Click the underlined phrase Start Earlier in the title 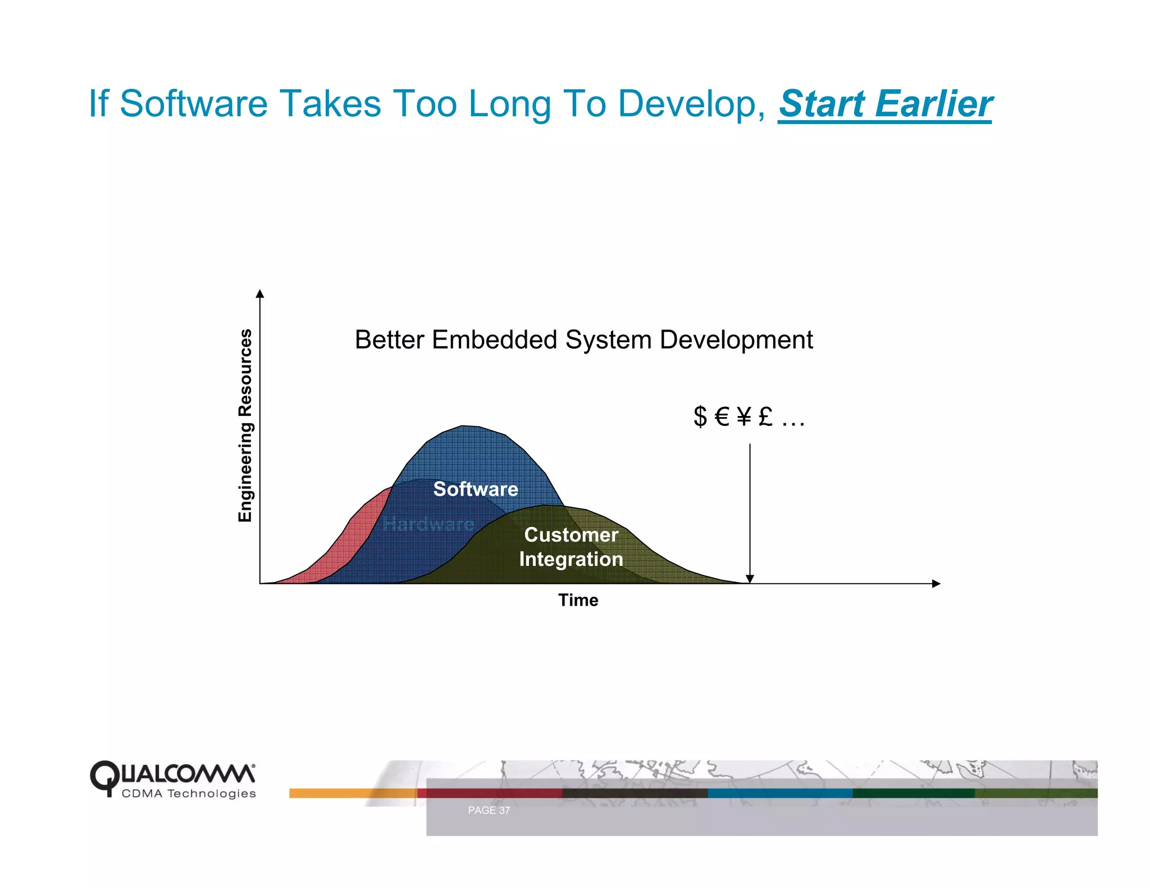[885, 104]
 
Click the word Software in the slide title [194, 104]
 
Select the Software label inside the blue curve [475, 489]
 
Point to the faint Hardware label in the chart [428, 524]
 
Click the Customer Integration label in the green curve [571, 547]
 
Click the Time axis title [578, 600]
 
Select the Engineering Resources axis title [245, 425]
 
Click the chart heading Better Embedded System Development [583, 340]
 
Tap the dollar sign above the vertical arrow [700, 416]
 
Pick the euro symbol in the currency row [722, 416]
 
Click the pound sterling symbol [765, 416]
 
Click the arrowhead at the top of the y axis [259, 294]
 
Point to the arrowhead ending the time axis [935, 584]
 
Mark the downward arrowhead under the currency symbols [750, 579]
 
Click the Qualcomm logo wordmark [172, 775]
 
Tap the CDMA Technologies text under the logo [189, 794]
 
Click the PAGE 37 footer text [489, 810]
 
